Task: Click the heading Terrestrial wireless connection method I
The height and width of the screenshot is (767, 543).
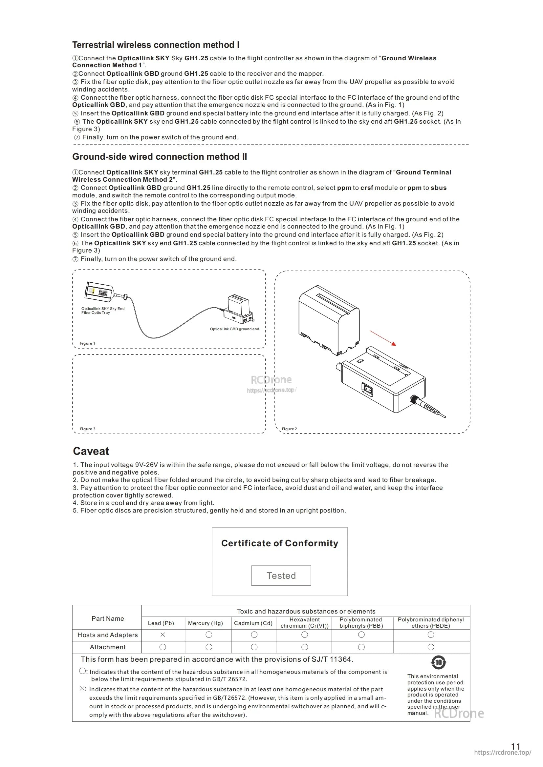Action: coord(156,45)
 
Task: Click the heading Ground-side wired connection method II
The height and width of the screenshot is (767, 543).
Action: coord(160,157)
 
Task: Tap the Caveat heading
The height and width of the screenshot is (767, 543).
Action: coord(91,451)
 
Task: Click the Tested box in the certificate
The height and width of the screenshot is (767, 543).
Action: coord(281,575)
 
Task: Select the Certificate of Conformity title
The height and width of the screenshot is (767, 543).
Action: coord(279,543)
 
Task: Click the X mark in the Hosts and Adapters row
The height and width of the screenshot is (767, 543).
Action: coord(163,635)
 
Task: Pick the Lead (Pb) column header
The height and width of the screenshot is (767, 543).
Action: coord(161,623)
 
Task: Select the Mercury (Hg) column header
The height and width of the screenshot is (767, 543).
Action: coord(205,623)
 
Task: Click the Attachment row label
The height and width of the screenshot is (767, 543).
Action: coord(108,647)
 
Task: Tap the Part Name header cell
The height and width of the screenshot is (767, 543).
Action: coord(108,618)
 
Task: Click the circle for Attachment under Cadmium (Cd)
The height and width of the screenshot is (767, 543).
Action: coord(254,647)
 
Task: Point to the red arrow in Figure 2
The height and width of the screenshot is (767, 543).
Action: coord(383,338)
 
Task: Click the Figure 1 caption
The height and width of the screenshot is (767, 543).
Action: coord(88,343)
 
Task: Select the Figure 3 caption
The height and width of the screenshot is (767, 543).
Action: coord(88,429)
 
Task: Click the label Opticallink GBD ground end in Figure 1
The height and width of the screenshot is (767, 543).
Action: coord(234,329)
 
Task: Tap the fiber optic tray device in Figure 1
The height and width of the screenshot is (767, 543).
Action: coord(100,291)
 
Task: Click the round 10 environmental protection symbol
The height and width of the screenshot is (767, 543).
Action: coord(438,662)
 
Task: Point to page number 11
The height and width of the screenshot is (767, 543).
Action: coord(515,746)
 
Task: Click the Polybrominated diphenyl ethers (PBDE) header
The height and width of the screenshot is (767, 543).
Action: coord(431,623)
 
